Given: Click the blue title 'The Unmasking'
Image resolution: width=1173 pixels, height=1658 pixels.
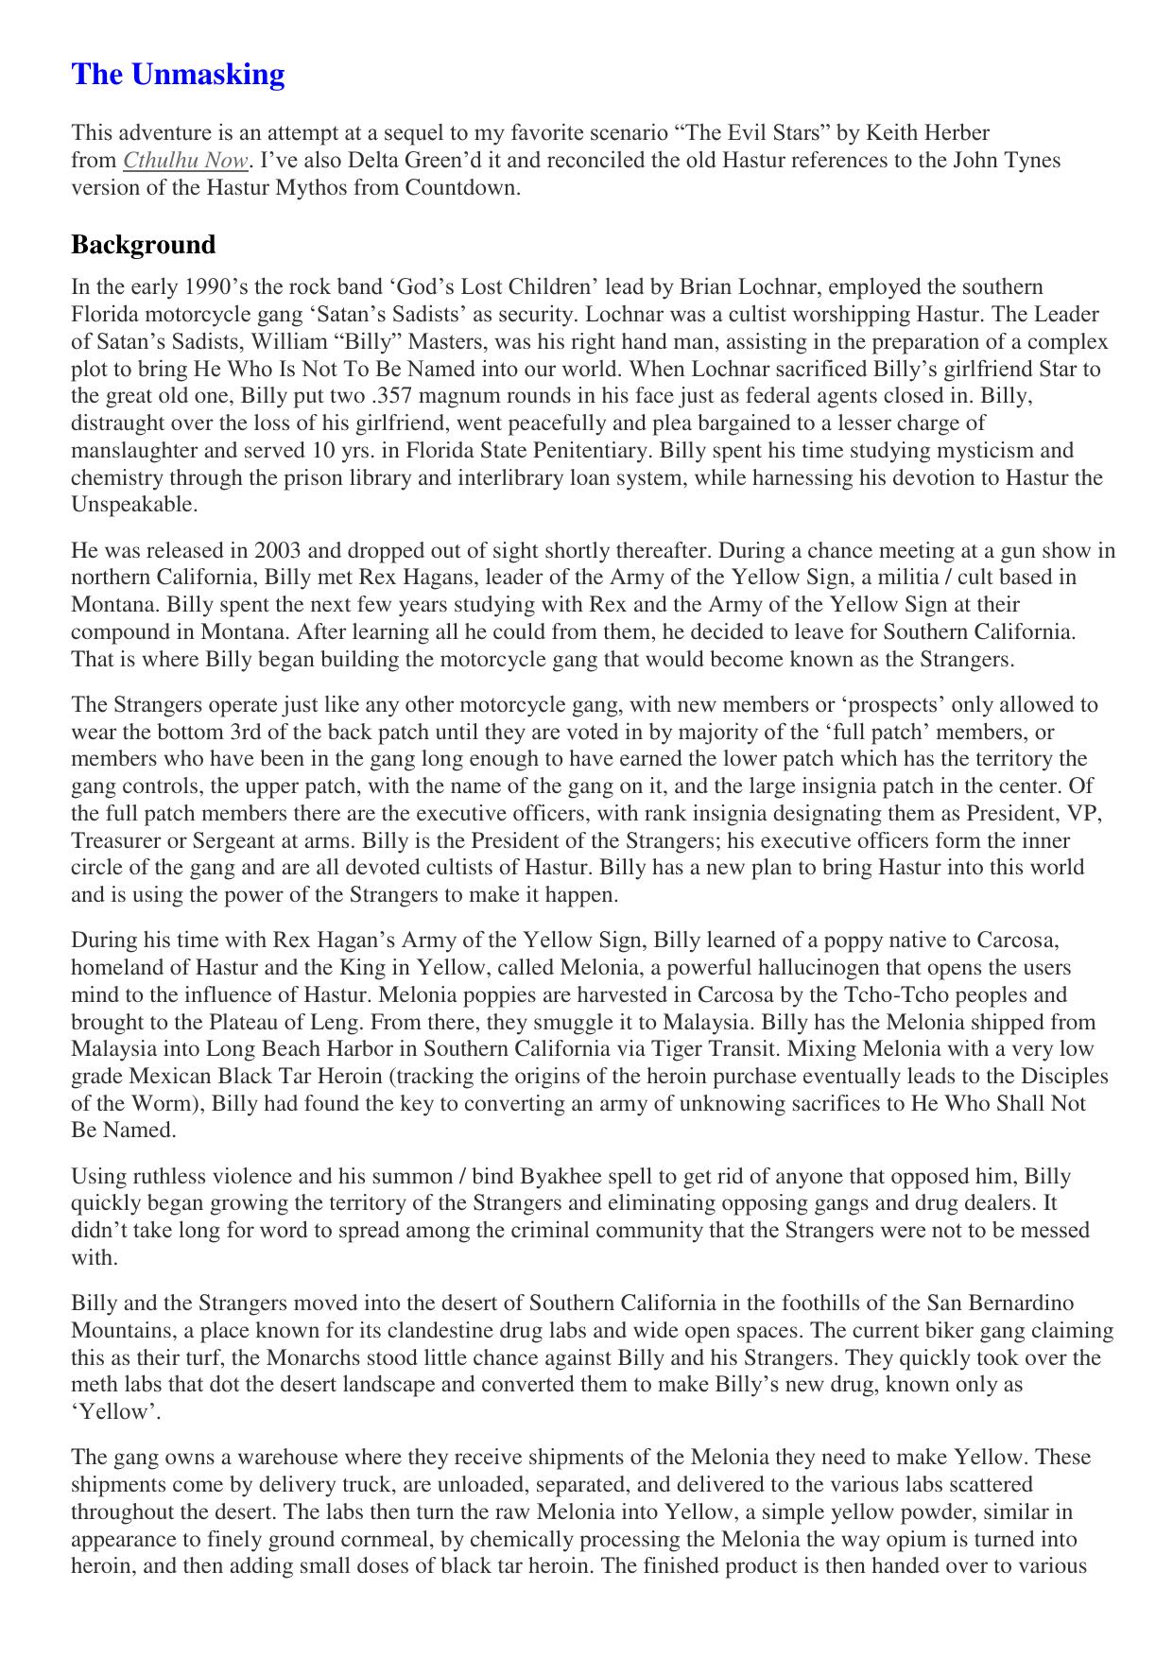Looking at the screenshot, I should (178, 75).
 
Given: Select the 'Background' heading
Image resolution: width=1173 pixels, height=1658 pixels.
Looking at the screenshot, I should (143, 245).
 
